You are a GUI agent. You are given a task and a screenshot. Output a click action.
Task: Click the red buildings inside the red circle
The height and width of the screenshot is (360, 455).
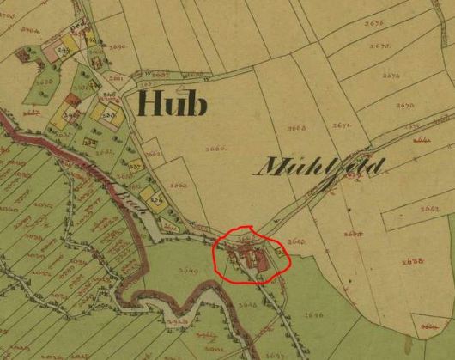click(254, 255)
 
